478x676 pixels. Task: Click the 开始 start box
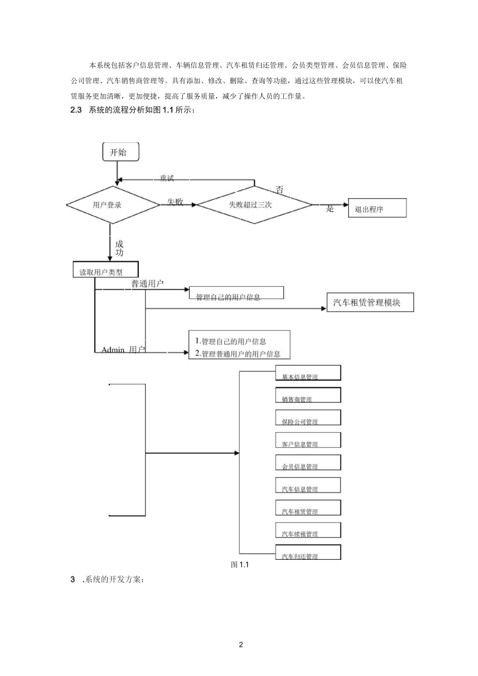pos(120,152)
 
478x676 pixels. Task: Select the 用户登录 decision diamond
pos(113,205)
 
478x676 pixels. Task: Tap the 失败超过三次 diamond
pos(254,205)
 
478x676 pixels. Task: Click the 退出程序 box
pos(377,209)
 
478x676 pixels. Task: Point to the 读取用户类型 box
pos(106,270)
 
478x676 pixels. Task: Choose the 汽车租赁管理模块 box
pos(370,303)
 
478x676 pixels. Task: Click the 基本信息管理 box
pos(308,373)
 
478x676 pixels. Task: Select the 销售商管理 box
pos(308,395)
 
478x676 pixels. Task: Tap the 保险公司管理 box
pos(308,418)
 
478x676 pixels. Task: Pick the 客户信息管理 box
pos(308,440)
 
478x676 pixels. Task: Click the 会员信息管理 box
pos(308,463)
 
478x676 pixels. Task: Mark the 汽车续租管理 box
pos(308,530)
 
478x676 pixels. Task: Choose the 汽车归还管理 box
pos(308,552)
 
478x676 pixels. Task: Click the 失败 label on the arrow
pos(175,202)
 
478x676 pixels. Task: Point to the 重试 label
pos(167,179)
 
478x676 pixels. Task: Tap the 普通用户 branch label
pos(147,284)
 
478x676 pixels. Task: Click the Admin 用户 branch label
pos(123,350)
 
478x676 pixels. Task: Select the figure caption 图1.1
pos(240,565)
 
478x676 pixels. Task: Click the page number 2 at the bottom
pos(241,645)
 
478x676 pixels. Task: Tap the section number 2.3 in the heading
pos(76,110)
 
